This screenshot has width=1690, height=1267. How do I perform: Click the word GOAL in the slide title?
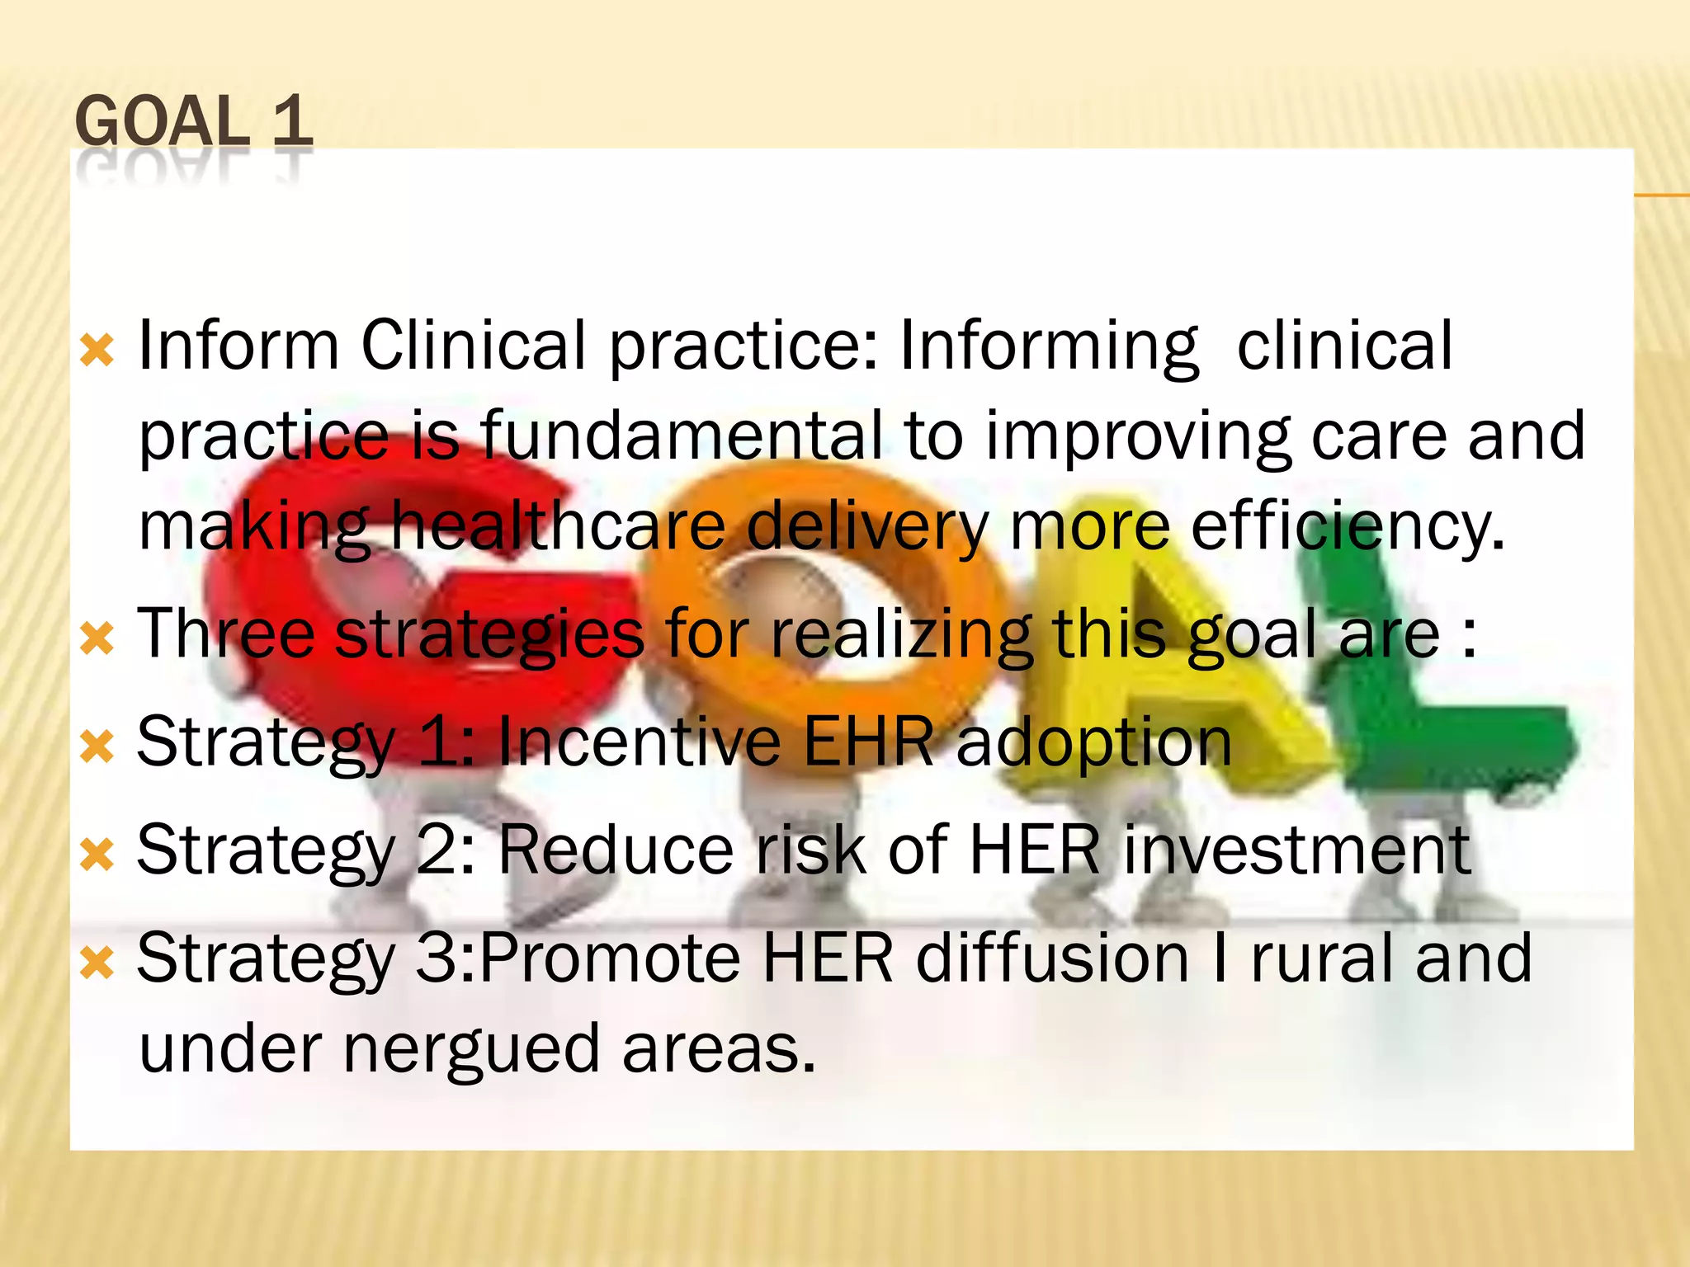(162, 122)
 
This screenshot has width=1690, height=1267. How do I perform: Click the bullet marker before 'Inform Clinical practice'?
(97, 350)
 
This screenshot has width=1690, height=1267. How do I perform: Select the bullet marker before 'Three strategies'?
(97, 638)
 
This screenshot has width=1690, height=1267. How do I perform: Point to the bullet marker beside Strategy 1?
(97, 747)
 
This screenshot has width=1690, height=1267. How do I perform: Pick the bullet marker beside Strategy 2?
(97, 855)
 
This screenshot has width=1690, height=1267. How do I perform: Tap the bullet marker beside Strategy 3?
(97, 963)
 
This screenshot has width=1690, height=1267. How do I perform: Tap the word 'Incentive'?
(639, 741)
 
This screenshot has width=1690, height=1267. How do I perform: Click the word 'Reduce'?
(616, 850)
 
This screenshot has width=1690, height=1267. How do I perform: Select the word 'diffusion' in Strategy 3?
(1053, 958)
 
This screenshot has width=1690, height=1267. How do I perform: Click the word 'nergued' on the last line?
(471, 1050)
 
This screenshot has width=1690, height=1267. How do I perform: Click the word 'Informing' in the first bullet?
(1048, 346)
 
